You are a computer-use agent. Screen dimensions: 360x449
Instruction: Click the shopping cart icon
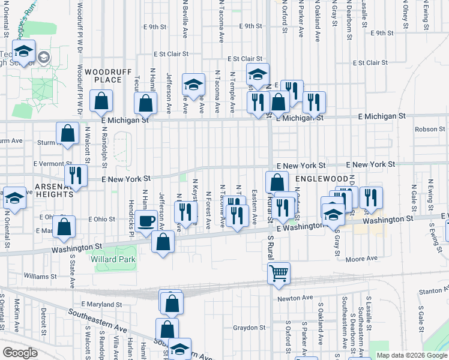(x=279, y=274)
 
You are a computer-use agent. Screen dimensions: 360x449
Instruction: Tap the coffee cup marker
(x=146, y=221)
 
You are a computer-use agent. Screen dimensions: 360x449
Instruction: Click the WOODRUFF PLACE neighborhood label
(x=107, y=76)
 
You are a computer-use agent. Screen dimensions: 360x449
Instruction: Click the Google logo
(x=20, y=353)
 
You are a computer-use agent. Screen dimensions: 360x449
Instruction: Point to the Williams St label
(x=40, y=277)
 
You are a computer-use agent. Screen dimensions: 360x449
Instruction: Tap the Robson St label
(x=428, y=129)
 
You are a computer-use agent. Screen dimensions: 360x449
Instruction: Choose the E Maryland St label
(x=101, y=304)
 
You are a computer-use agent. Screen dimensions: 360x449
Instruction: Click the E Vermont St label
(x=52, y=163)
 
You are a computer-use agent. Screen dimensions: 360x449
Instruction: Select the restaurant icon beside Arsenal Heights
(x=76, y=176)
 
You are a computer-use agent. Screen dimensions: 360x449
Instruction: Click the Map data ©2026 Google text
(x=412, y=355)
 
